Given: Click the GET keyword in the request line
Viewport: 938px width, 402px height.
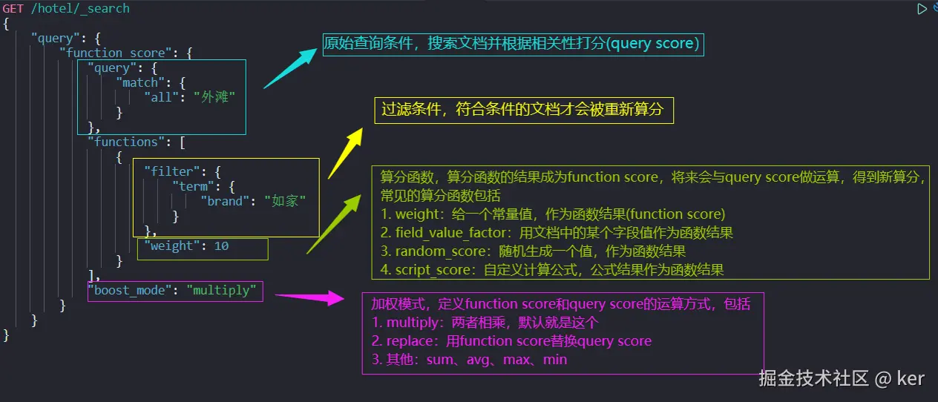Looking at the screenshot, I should coord(13,8).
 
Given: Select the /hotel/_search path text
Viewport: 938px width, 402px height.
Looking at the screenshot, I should coord(80,8).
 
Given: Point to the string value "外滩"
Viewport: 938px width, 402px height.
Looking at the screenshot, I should coord(214,97).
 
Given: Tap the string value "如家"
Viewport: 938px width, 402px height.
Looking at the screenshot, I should coord(284,201).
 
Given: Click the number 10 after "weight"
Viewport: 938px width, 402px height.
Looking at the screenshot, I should coord(221,246).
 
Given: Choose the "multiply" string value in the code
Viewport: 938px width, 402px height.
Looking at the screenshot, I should coord(221,290).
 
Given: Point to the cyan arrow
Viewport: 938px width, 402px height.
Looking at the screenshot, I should coord(290,69).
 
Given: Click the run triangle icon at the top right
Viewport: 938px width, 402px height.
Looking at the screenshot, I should coord(922,9).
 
